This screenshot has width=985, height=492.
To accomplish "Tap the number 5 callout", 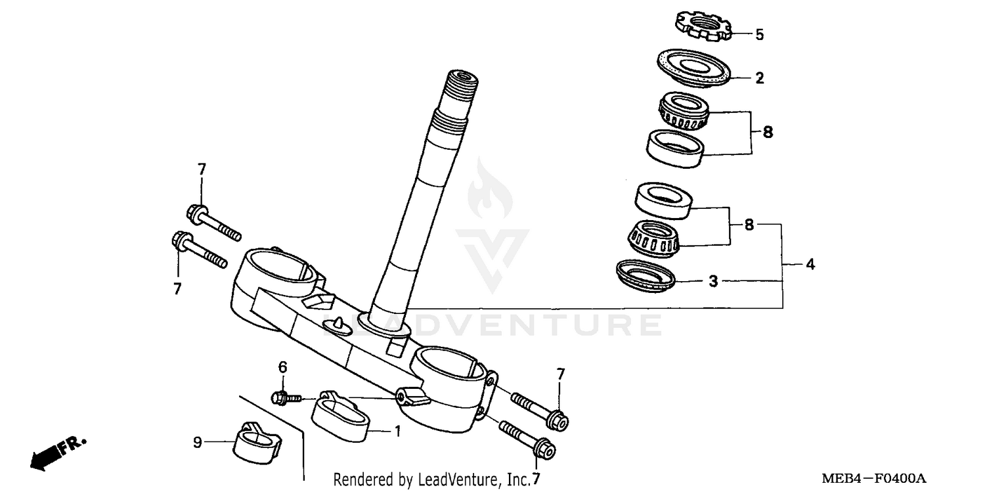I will click(759, 35).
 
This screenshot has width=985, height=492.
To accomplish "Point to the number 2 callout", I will click(759, 79).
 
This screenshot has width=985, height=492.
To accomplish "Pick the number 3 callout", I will click(713, 282).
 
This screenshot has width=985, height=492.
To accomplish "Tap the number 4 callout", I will click(810, 265).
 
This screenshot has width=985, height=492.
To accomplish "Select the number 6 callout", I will click(282, 368).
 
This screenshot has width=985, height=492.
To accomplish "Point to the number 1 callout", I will click(397, 432).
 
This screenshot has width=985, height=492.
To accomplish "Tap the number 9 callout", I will click(197, 443).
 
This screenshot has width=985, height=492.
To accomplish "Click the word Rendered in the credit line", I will click(359, 480).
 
